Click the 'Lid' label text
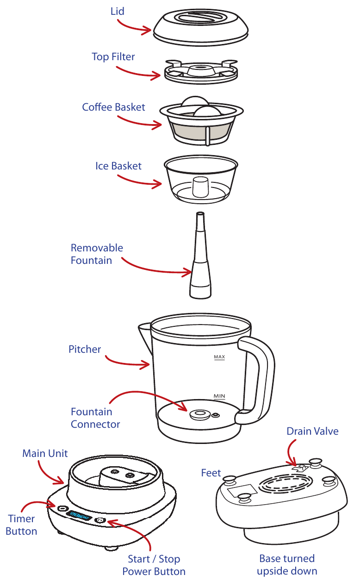118,11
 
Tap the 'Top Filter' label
113,57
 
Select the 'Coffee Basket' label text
113,107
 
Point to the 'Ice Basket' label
118,166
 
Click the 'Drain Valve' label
312,431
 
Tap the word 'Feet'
211,473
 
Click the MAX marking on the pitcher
219,357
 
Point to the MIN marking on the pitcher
219,396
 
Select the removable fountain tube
200,256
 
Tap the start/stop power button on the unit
100,520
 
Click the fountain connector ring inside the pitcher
200,414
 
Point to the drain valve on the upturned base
300,468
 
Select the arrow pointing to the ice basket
139,181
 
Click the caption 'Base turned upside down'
287,565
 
